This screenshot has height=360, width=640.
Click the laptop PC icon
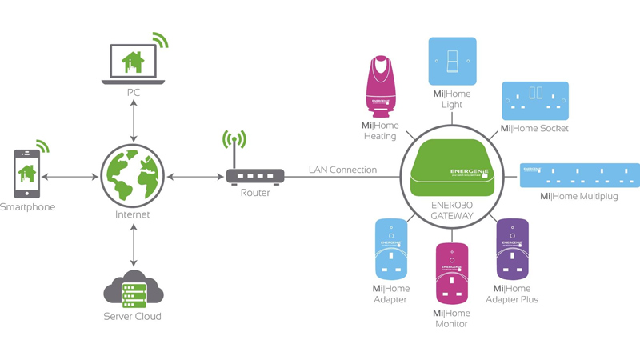click(x=133, y=62)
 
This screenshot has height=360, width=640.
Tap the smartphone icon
click(x=26, y=172)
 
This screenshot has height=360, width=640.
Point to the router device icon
click(x=254, y=176)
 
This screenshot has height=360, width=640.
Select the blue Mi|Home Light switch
click(x=452, y=61)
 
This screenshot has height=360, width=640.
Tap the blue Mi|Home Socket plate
click(x=535, y=101)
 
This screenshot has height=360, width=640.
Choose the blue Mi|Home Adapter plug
click(x=391, y=249)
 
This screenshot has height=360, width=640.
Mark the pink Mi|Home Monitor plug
click(x=452, y=272)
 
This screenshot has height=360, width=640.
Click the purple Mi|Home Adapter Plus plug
click(x=513, y=248)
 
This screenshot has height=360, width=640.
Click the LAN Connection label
click(x=342, y=170)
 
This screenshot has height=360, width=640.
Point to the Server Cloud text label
click(x=133, y=316)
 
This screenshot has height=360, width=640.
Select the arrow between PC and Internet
click(x=133, y=121)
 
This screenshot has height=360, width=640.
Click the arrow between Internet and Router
click(x=191, y=176)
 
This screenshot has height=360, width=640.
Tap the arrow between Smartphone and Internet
click(x=73, y=176)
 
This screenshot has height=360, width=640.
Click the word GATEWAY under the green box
click(x=452, y=216)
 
